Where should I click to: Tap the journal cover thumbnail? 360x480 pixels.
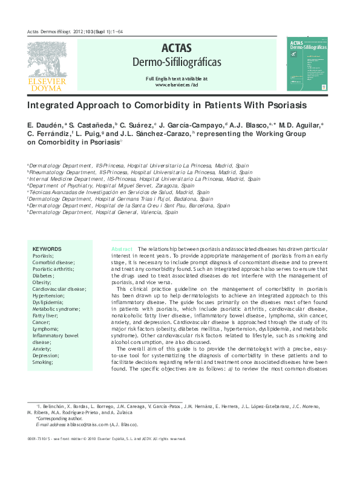(307, 62)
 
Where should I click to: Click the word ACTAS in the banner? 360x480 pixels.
(176, 48)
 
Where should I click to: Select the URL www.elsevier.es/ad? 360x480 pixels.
(177, 85)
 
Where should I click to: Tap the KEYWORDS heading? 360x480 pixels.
(47, 249)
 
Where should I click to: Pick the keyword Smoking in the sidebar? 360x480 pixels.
(43, 362)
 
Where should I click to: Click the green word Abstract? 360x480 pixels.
(122, 249)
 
